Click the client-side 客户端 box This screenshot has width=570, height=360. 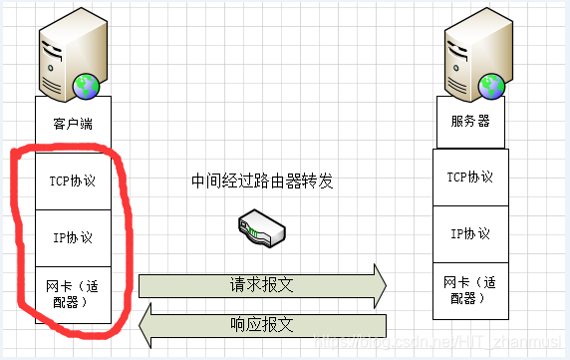point(72,125)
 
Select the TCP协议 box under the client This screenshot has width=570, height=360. point(72,180)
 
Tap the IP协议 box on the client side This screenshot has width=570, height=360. point(72,237)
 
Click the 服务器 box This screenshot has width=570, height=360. point(470,125)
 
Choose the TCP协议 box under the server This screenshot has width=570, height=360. point(470,178)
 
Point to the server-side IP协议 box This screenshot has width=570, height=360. point(470,234)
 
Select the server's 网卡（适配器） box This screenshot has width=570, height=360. point(470,290)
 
